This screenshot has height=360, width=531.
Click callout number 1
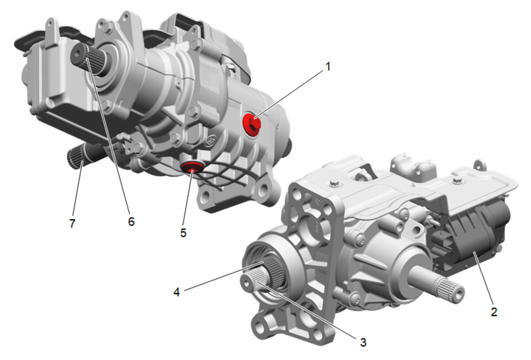(x=327, y=66)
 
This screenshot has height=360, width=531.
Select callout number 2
(x=494, y=312)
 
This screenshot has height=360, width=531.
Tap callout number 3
(x=363, y=342)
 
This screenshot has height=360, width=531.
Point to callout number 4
(x=176, y=292)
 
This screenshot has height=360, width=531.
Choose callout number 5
(x=183, y=232)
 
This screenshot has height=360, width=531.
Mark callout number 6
(x=131, y=221)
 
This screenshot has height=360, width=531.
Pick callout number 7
(x=72, y=223)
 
